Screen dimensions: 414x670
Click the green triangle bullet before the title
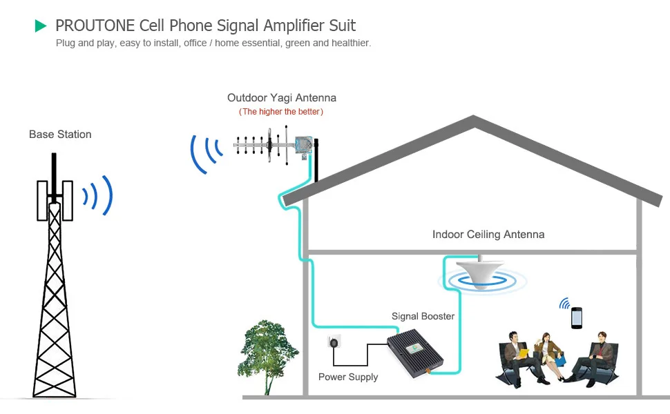[x=41, y=26]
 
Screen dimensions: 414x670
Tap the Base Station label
[x=60, y=135]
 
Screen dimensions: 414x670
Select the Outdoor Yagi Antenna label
[x=282, y=98]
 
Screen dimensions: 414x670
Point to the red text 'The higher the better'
[x=281, y=112]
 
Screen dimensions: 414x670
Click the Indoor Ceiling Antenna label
[x=488, y=235]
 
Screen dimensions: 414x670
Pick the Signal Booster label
[x=423, y=316]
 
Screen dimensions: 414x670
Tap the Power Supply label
[x=348, y=377]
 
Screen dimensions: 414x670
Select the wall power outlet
[x=334, y=343]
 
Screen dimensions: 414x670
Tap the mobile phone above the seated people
[x=577, y=317]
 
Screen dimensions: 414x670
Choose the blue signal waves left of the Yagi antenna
[x=206, y=152]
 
